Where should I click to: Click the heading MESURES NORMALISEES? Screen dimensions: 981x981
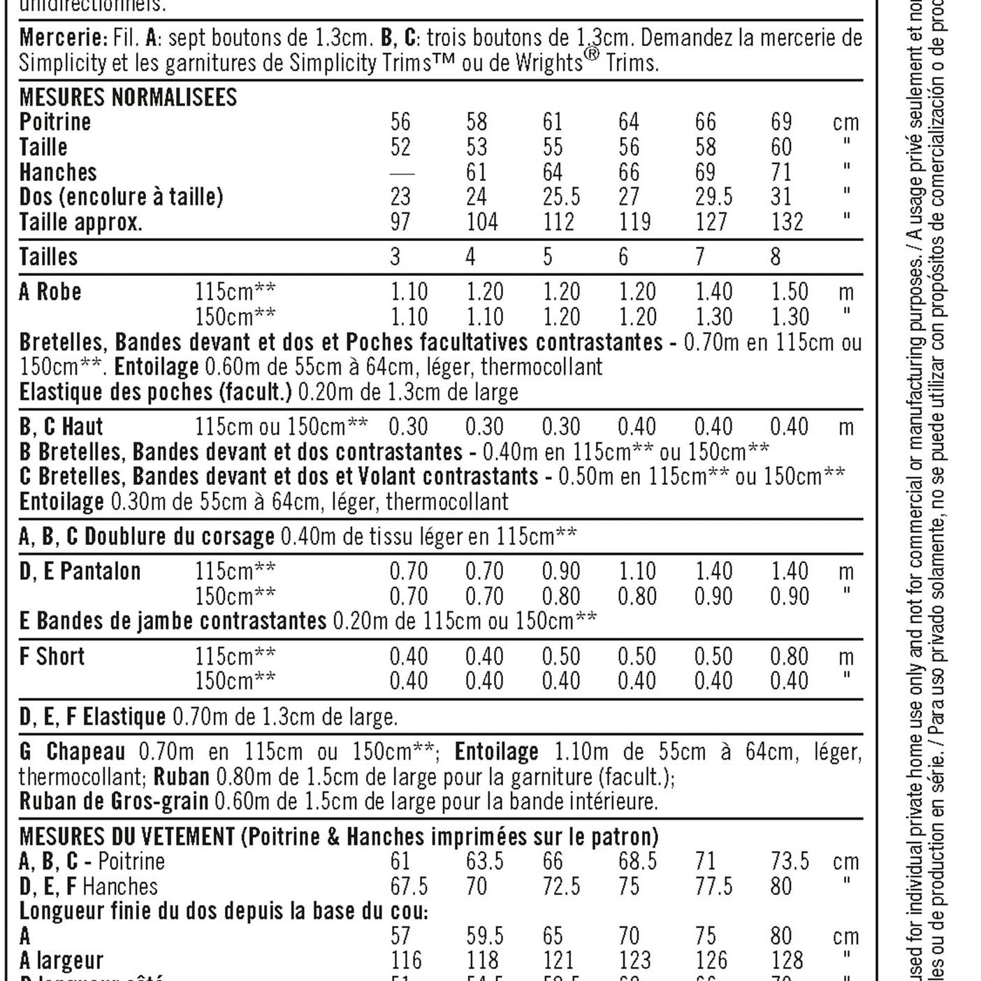click(128, 97)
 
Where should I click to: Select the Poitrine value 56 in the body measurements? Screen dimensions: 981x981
click(400, 122)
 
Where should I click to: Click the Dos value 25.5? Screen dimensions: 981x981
click(561, 197)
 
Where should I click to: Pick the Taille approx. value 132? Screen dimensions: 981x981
click(787, 222)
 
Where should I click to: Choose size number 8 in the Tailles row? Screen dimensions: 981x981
click(775, 257)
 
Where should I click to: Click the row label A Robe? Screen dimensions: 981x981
click(50, 291)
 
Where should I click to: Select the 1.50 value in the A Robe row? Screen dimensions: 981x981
click(789, 291)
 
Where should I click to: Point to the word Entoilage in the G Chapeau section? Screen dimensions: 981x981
click(496, 752)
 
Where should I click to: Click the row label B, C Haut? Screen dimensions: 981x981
click(61, 426)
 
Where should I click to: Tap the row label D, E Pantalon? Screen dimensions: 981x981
click(80, 572)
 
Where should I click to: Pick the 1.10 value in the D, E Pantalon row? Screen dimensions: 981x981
click(637, 572)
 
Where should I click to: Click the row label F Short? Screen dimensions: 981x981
click(52, 657)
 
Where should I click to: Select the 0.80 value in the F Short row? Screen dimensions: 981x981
click(789, 657)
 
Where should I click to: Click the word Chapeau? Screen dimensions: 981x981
click(86, 752)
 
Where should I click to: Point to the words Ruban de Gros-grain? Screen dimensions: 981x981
click(114, 801)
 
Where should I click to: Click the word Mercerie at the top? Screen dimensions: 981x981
click(63, 37)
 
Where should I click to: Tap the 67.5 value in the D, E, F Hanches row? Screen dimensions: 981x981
click(409, 887)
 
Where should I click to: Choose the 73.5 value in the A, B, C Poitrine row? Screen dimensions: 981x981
click(790, 862)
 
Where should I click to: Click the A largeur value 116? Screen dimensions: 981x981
click(406, 961)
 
